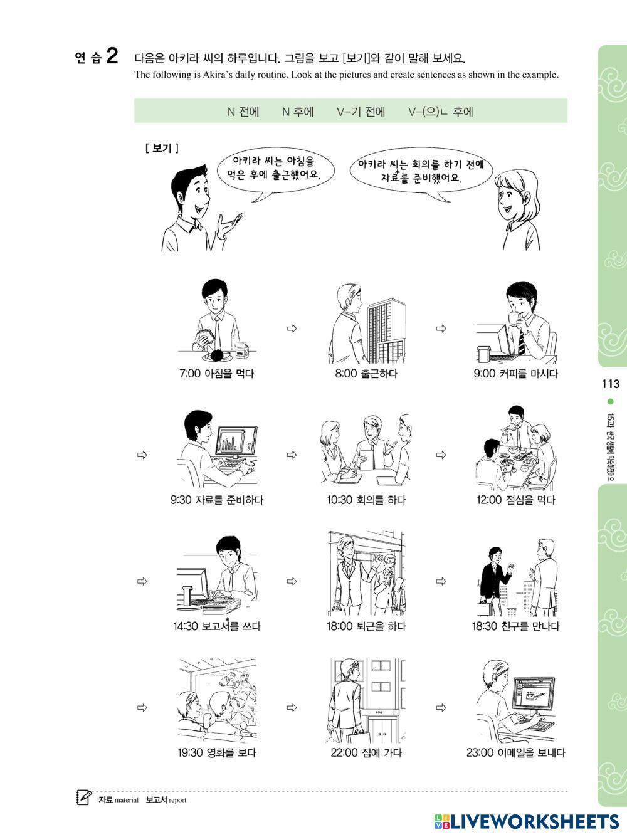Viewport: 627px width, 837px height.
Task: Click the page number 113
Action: tap(610, 383)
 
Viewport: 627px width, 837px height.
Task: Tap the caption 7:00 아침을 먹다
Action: tap(216, 373)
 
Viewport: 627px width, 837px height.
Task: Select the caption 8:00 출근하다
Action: tap(366, 373)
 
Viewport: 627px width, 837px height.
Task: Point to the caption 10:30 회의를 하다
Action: tap(366, 500)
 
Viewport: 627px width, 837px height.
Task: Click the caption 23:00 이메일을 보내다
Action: tap(515, 752)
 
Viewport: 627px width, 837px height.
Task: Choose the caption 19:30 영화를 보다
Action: tap(216, 752)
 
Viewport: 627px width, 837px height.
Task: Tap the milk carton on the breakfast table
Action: tap(241, 350)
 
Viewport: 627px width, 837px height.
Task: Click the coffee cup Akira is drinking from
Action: tap(514, 319)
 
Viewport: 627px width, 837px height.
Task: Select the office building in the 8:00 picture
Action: tap(386, 330)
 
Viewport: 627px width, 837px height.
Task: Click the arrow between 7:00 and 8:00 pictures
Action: tap(292, 329)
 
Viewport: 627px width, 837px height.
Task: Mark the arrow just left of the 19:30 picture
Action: tap(142, 707)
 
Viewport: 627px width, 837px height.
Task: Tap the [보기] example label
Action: tap(162, 148)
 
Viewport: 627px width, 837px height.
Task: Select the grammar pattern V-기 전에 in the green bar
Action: tap(361, 112)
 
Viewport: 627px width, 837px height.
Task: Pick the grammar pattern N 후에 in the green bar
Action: tap(298, 112)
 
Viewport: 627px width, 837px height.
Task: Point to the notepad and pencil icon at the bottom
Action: tap(84, 797)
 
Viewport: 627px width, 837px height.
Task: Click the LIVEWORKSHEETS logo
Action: tap(527, 821)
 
